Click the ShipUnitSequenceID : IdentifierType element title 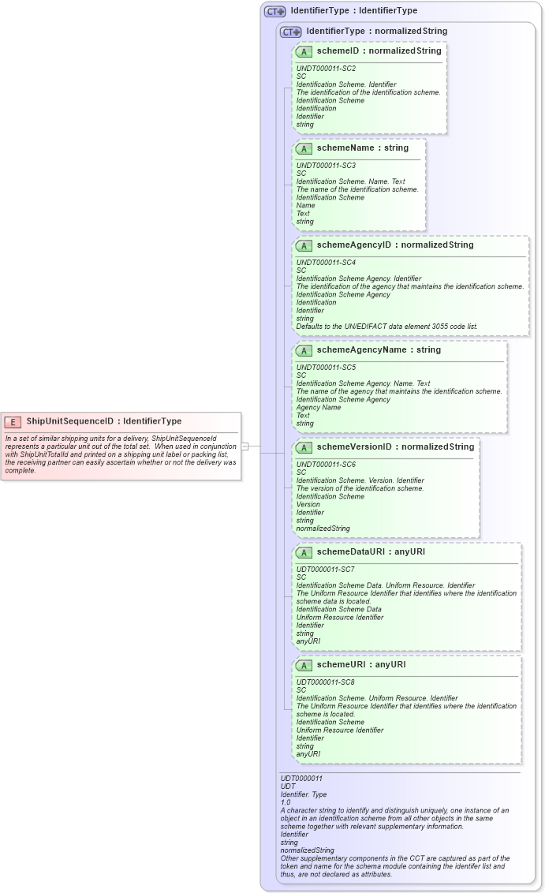point(103,421)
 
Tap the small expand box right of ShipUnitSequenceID point(245,447)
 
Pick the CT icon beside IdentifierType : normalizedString point(291,32)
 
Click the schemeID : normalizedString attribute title point(379,50)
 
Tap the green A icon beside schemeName point(304,148)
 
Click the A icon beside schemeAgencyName point(304,350)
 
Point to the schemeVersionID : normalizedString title point(395,447)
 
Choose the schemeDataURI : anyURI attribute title point(371,552)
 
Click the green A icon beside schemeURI point(304,665)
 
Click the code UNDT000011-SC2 point(326,68)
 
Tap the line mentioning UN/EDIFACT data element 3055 point(386,326)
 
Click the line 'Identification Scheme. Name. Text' point(350,181)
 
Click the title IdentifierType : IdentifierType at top point(353,11)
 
